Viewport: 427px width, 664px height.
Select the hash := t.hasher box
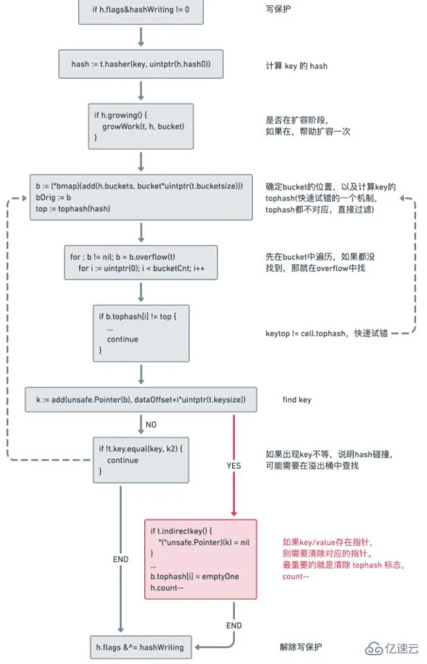click(141, 65)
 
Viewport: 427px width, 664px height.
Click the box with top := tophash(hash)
click(140, 197)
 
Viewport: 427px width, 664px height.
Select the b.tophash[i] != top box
click(141, 332)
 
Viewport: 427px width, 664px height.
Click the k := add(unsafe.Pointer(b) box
click(141, 399)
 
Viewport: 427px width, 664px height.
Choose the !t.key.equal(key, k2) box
click(141, 459)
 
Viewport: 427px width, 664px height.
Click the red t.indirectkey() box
click(201, 559)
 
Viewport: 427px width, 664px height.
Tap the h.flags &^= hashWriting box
click(140, 647)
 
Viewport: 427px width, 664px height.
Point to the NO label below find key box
click(152, 423)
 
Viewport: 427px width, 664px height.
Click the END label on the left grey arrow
click(120, 560)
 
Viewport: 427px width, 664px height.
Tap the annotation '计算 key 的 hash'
click(296, 66)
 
